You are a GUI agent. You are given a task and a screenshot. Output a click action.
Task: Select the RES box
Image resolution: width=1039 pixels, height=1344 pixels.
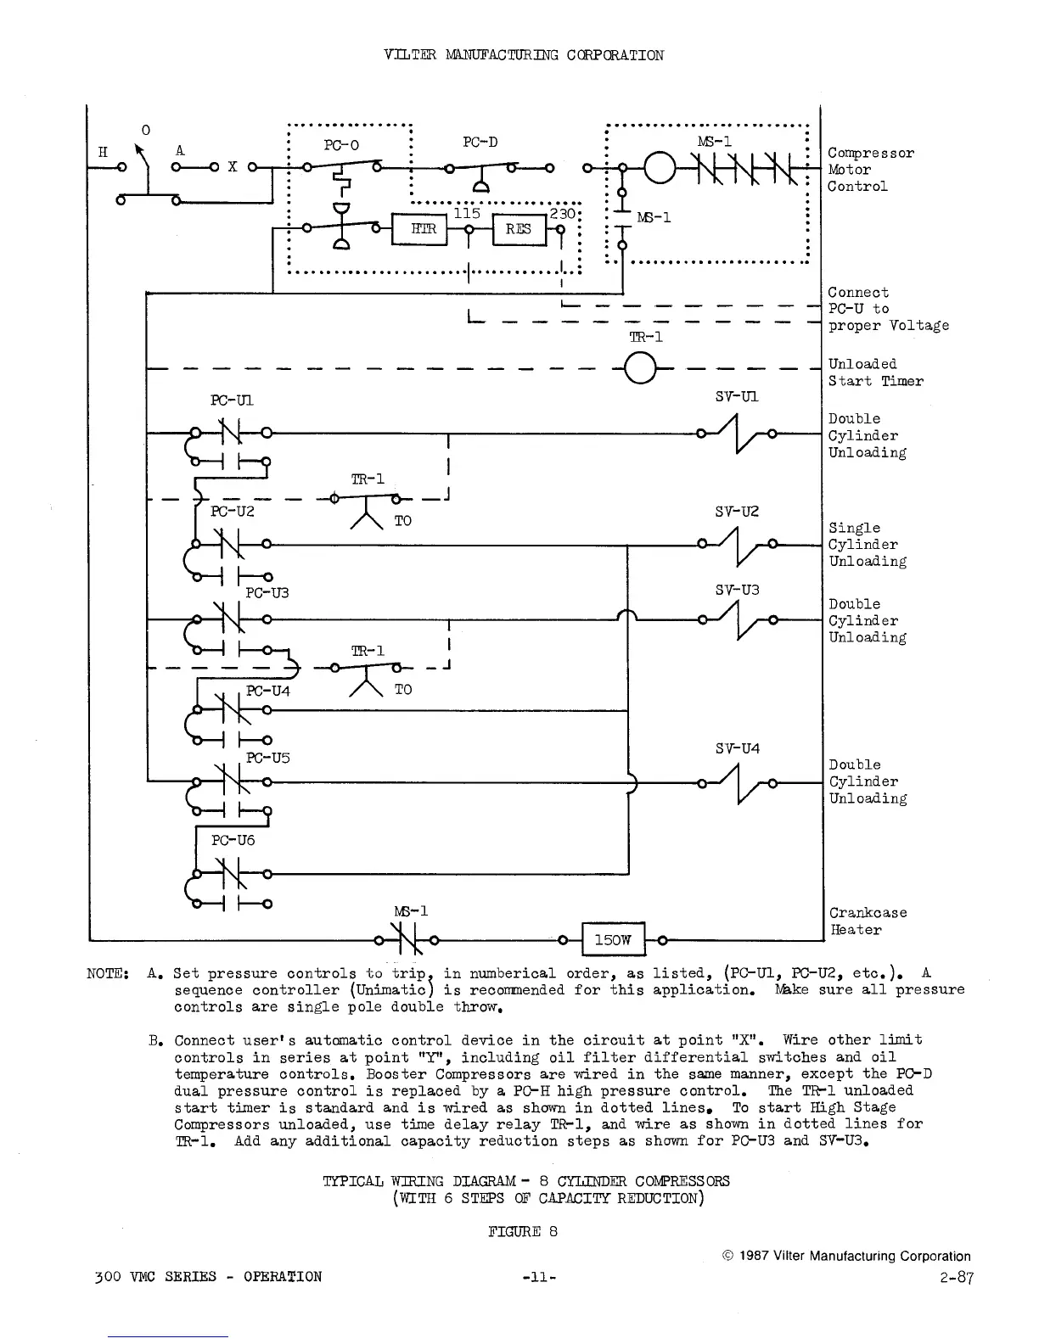click(x=518, y=229)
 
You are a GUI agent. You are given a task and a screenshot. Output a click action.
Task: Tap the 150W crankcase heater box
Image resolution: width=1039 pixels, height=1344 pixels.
click(x=613, y=939)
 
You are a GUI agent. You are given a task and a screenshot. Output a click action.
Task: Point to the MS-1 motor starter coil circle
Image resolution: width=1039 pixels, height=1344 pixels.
click(x=660, y=170)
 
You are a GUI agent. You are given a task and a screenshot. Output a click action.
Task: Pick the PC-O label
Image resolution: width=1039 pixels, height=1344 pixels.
click(x=342, y=145)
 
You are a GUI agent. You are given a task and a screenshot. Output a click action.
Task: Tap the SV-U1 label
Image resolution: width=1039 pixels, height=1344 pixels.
click(x=737, y=396)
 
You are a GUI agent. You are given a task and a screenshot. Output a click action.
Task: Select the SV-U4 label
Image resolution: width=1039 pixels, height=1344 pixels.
click(x=737, y=748)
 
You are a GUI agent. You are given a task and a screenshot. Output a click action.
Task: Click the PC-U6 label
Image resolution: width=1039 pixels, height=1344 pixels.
click(x=233, y=840)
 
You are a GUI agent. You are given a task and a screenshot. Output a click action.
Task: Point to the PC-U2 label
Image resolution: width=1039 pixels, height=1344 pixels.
click(x=233, y=511)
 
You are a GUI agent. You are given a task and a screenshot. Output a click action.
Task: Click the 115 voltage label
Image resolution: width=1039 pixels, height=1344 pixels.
click(x=467, y=213)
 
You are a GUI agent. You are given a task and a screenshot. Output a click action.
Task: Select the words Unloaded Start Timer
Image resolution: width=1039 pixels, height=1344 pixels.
click(x=874, y=372)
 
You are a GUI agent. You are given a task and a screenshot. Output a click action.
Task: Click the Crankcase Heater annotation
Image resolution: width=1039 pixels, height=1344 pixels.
click(x=868, y=921)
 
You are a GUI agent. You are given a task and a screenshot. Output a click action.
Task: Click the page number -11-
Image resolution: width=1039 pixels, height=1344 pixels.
click(x=540, y=1276)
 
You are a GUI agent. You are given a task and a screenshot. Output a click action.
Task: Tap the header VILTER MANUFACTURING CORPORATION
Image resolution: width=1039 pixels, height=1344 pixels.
click(x=524, y=55)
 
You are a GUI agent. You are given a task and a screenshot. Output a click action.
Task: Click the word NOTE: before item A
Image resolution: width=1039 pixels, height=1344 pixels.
click(x=107, y=973)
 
